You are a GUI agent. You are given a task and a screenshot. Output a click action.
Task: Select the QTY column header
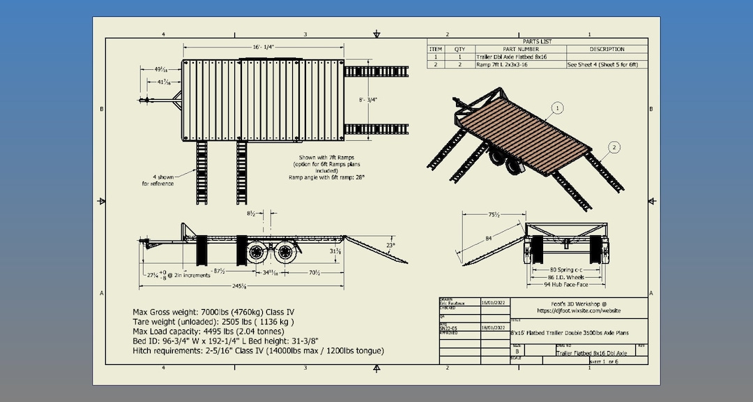459,50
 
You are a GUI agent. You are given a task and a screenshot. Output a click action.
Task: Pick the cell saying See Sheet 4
602,64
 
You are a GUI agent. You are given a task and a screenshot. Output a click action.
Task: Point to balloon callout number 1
558,107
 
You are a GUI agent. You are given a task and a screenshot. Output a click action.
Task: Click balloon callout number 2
614,147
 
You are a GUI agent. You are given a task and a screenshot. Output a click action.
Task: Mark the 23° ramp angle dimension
390,245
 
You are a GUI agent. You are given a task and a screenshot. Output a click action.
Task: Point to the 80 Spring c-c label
565,269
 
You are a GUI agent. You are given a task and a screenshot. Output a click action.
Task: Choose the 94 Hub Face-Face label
566,285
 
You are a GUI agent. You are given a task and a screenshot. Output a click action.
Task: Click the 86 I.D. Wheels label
565,277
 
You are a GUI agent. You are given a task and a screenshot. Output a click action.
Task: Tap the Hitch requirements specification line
258,350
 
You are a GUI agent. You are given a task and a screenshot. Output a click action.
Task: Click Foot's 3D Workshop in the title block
579,304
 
